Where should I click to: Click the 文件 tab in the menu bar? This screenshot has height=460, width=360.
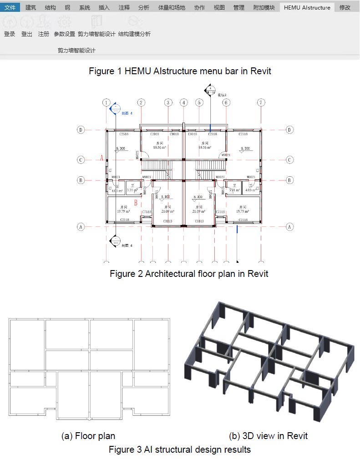pyautogui.click(x=10, y=7)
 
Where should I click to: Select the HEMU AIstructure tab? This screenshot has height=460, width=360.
pyautogui.click(x=307, y=7)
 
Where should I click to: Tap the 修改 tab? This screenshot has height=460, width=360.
pyautogui.click(x=345, y=7)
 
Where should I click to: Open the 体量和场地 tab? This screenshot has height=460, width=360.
pyautogui.click(x=172, y=7)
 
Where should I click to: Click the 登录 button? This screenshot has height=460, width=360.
pyautogui.click(x=10, y=34)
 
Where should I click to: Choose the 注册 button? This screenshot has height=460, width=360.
pyautogui.click(x=44, y=34)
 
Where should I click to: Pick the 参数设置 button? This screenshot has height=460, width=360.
pyautogui.click(x=64, y=34)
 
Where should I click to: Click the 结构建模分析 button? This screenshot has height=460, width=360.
pyautogui.click(x=134, y=34)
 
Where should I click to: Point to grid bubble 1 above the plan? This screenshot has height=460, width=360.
pyautogui.click(x=106, y=102)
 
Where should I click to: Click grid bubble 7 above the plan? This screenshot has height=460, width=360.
pyautogui.click(x=261, y=102)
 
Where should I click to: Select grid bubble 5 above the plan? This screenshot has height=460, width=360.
pyautogui.click(x=199, y=102)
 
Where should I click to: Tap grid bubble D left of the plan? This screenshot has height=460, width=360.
pyautogui.click(x=81, y=130)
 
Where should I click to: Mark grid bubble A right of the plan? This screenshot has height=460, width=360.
pyautogui.click(x=289, y=226)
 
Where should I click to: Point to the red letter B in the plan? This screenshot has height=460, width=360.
pyautogui.click(x=136, y=203)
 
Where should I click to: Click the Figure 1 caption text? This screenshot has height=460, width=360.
pyautogui.click(x=180, y=71)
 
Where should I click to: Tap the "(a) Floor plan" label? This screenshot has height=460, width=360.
pyautogui.click(x=88, y=436)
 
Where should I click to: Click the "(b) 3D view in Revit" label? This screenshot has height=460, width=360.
pyautogui.click(x=268, y=436)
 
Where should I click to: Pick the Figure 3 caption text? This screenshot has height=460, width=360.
pyautogui.click(x=180, y=450)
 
